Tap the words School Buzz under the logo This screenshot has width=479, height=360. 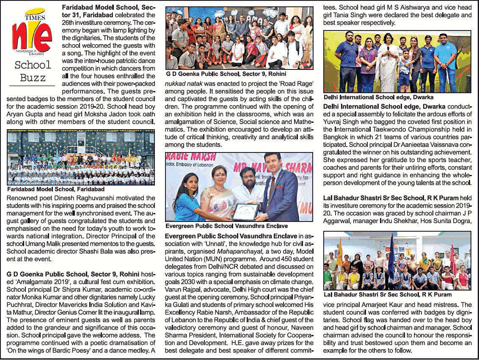coord(33,71)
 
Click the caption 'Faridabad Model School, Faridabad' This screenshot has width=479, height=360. coord(56,189)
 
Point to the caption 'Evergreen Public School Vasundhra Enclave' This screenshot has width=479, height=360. coord(226,226)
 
